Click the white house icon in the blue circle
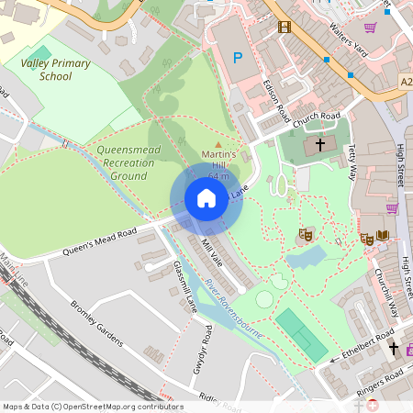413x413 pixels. [206, 198]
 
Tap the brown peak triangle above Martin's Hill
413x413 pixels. [218, 144]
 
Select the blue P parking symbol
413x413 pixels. [238, 59]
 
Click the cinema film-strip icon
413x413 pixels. [285, 27]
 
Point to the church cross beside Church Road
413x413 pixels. [320, 144]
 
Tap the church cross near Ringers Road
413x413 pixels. [394, 348]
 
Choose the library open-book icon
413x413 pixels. [382, 238]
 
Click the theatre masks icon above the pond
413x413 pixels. [306, 236]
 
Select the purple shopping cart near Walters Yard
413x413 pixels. [370, 28]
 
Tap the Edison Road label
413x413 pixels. [272, 100]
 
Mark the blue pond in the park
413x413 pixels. [304, 258]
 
